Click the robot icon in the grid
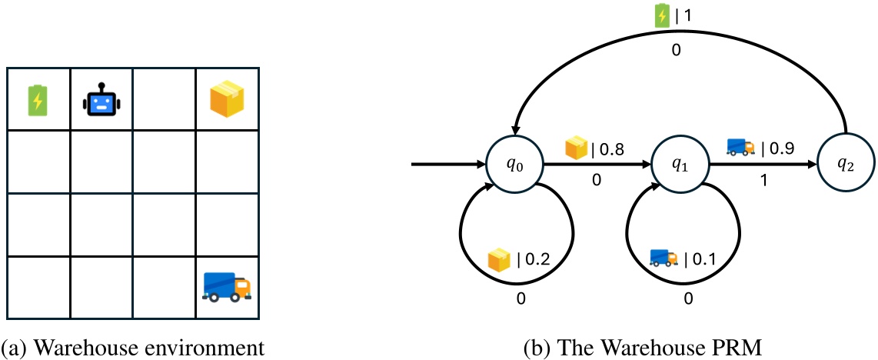101,100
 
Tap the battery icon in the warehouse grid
37,100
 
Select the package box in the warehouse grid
227,100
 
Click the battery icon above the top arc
662,16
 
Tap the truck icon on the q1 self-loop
663,258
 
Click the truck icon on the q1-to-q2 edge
740,147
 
